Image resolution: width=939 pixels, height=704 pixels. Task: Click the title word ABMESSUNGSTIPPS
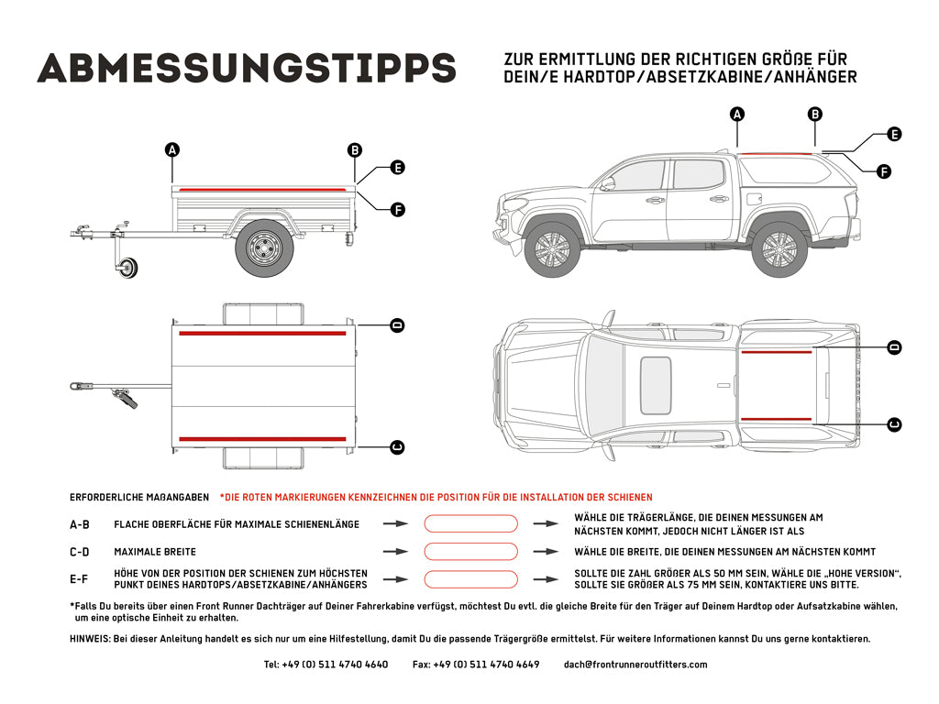[246, 67]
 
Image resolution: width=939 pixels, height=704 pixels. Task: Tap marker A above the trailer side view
[171, 150]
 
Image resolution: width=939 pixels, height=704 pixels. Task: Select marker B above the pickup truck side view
[814, 115]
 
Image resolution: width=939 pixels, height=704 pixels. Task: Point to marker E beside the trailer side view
[397, 168]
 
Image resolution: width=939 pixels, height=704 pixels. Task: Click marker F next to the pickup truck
[884, 170]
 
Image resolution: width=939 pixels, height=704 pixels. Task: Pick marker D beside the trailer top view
[397, 325]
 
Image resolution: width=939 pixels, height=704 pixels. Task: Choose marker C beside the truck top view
[894, 424]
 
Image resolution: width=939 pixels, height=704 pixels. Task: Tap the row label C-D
[80, 552]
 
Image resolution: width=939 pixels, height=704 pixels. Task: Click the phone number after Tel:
[335, 665]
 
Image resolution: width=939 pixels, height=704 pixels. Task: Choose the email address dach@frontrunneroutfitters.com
[635, 665]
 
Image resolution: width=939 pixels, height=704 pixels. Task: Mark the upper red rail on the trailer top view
[262, 334]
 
